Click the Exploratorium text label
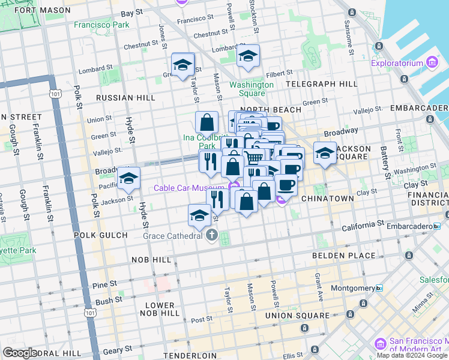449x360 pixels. [x=397, y=63]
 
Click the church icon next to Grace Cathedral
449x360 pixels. [x=211, y=235]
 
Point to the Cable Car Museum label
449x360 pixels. [x=188, y=188]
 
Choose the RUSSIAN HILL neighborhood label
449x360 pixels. [x=125, y=98]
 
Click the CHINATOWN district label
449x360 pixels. [x=327, y=198]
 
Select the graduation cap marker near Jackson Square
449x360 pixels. [x=325, y=152]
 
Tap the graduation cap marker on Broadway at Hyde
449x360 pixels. [x=128, y=178]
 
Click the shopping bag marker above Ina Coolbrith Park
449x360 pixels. [x=206, y=122]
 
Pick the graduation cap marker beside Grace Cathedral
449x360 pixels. [x=199, y=216]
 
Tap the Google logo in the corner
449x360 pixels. [x=20, y=353]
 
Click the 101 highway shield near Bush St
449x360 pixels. [x=90, y=313]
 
